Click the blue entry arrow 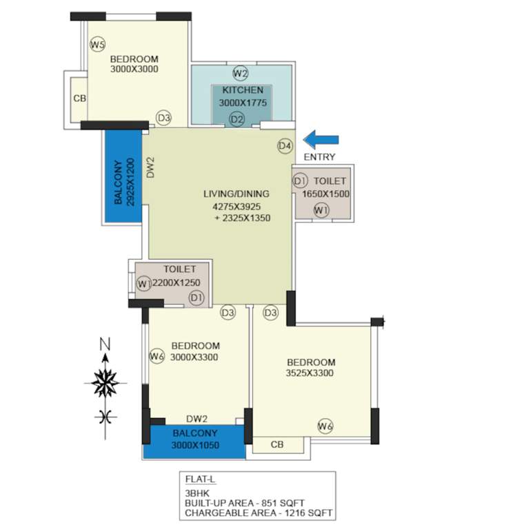(x=321, y=140)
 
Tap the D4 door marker (x=285, y=145)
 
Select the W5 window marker (x=98, y=45)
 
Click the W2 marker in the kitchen (x=240, y=74)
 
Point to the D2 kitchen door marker (x=237, y=119)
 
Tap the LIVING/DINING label (x=241, y=194)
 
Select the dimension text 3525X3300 (x=311, y=373)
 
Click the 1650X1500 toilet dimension (x=326, y=194)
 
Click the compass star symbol (x=105, y=383)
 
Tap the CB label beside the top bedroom (x=79, y=98)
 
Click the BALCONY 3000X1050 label (x=195, y=438)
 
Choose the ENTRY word (x=319, y=157)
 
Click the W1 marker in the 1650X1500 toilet (x=321, y=211)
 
